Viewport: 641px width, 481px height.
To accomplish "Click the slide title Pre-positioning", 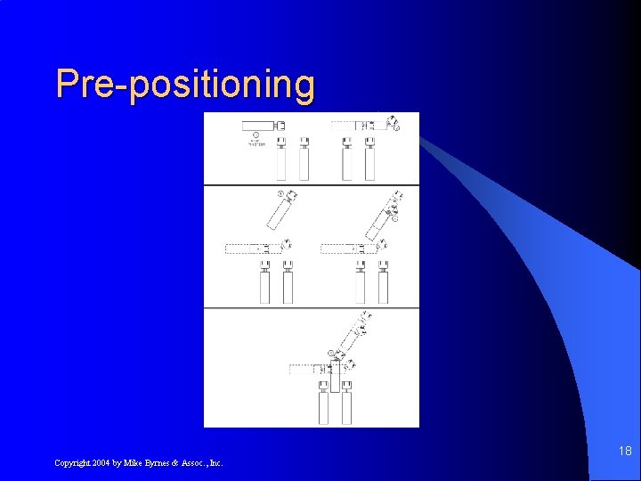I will point(185,85).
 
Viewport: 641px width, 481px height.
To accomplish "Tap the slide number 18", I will point(625,452).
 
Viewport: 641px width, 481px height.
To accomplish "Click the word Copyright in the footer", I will point(74,462).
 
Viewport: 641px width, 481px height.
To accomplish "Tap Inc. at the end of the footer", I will point(215,462).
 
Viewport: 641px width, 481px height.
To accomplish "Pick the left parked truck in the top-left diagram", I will point(281,160).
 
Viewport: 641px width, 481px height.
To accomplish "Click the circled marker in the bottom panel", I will point(330,354).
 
